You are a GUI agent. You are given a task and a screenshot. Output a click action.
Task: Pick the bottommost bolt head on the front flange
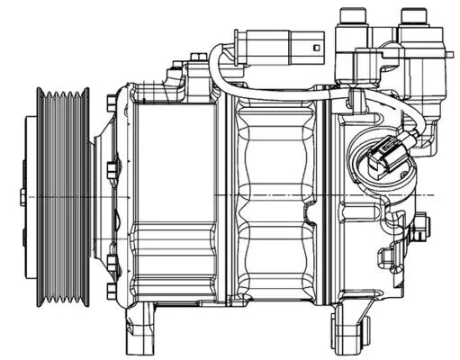click(x=109, y=291)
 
